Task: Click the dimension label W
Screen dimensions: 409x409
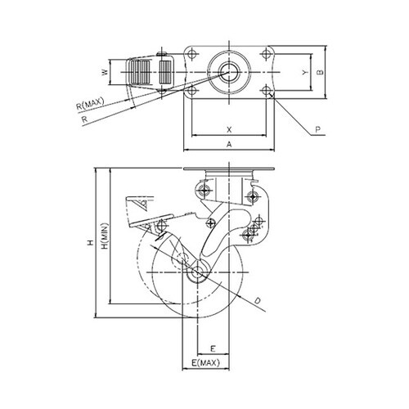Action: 106,72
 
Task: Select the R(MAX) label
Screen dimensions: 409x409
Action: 90,104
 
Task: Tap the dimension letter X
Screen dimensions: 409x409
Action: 229,129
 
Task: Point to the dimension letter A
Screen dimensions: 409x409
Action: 229,144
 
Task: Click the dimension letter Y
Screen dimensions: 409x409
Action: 305,72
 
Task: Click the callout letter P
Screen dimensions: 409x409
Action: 318,129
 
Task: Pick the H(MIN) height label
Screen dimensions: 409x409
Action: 106,236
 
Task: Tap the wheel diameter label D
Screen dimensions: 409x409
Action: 258,301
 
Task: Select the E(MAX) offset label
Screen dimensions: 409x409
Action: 205,363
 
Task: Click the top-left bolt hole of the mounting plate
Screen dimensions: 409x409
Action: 192,53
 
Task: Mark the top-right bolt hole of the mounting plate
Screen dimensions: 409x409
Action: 266,53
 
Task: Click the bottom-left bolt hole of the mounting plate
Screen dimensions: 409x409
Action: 192,90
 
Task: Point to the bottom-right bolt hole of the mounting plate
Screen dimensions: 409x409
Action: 266,90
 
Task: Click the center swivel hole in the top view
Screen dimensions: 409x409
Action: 229,72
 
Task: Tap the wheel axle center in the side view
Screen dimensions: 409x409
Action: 197,272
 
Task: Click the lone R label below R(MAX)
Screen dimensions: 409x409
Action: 85,119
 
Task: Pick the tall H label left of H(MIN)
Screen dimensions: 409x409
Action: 91,242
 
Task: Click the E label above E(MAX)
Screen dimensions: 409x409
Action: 213,348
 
